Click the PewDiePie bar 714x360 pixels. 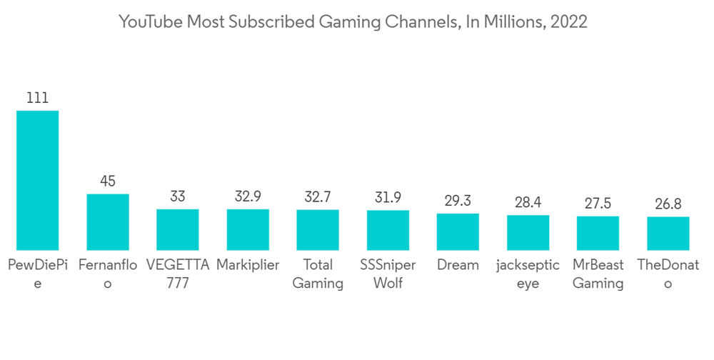click(37, 180)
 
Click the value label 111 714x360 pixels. click(37, 98)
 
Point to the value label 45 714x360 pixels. click(108, 181)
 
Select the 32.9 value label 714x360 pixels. click(248, 196)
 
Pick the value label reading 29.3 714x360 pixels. click(458, 201)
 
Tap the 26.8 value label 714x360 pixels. click(668, 204)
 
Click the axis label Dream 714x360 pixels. click(458, 265)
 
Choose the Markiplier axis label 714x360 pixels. click(248, 265)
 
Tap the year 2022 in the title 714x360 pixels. click(568, 22)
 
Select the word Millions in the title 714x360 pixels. click(508, 22)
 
